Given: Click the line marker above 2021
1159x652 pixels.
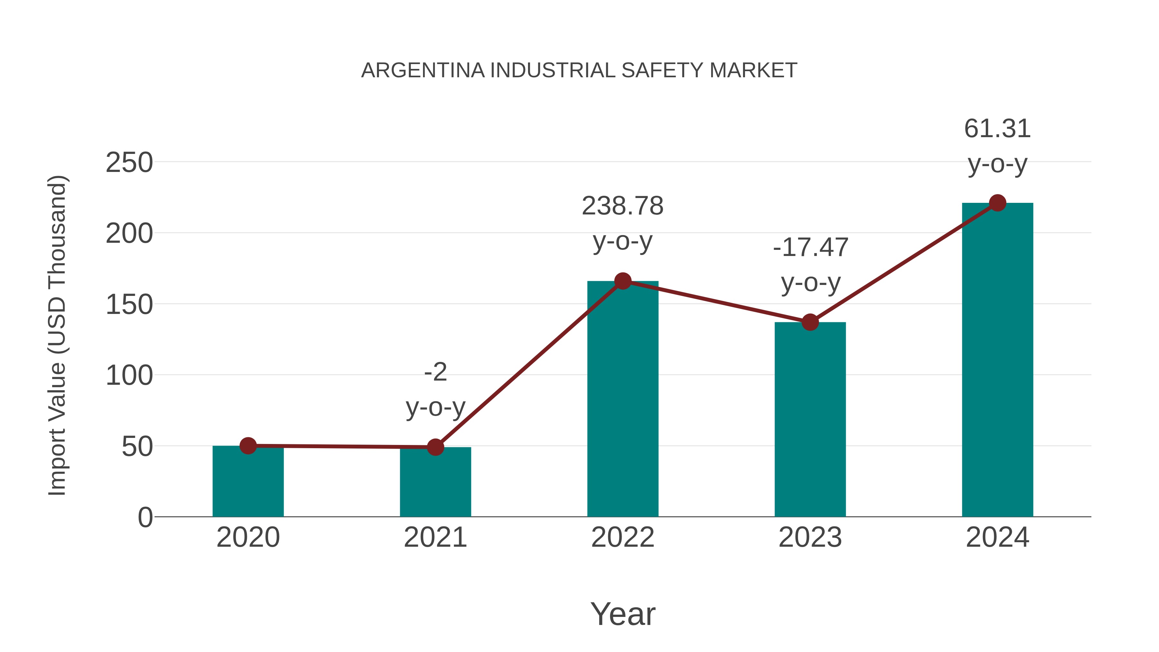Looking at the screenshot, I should [435, 447].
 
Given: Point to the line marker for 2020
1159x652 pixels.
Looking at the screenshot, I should [248, 446].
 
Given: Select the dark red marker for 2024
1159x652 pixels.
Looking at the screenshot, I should [997, 203].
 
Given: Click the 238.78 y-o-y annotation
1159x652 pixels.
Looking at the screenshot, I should [623, 224].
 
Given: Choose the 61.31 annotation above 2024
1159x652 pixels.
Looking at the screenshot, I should [997, 146].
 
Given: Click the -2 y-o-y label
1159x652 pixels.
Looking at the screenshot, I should [435, 390].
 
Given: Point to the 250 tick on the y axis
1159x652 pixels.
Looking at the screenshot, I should [129, 163].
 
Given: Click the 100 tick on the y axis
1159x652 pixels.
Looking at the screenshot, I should [129, 376].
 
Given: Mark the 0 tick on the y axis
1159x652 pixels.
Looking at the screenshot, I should [145, 517].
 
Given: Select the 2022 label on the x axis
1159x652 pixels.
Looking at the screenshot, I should [623, 537].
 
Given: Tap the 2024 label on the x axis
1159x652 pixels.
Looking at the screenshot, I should [997, 537].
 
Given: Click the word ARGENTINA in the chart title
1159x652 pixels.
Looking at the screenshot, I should [423, 71].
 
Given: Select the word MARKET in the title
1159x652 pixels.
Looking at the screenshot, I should [753, 71].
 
